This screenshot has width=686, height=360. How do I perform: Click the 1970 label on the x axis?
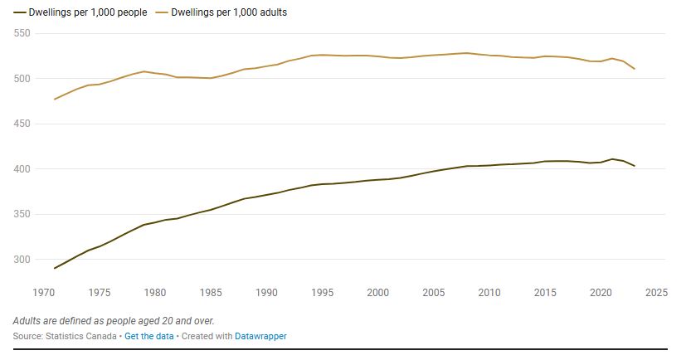tap(43, 293)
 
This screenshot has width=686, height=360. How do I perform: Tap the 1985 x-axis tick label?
tap(211, 293)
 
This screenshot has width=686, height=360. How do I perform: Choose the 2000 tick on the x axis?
tap(377, 293)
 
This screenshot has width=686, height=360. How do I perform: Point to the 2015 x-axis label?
tap(545, 293)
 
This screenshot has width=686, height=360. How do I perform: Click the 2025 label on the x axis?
tap(656, 293)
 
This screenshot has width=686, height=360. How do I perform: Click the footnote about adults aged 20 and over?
tap(119, 320)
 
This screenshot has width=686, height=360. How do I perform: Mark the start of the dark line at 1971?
tap(55, 268)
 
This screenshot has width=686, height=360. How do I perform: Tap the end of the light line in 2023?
tap(635, 69)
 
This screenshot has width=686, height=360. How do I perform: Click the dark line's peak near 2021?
tap(612, 159)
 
